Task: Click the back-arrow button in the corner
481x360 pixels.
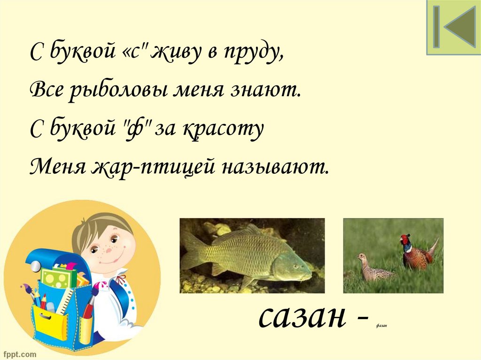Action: [453, 27]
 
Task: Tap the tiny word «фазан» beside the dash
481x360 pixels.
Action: [381, 326]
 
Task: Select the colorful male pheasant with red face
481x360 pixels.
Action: [416, 253]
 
